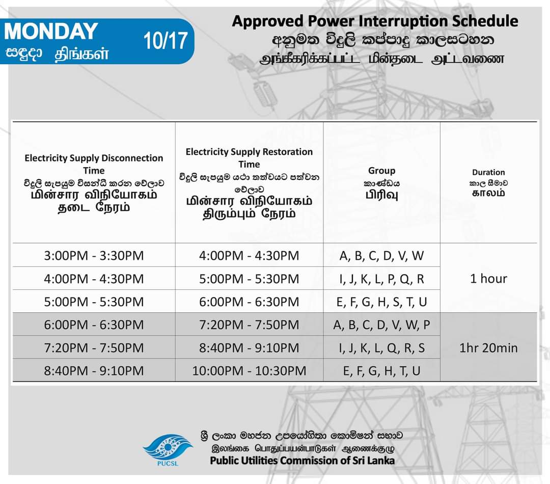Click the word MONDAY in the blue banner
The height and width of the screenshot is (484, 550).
pyautogui.click(x=51, y=31)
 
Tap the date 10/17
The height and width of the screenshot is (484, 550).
pyautogui.click(x=165, y=41)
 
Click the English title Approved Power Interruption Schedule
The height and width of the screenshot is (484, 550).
pyautogui.click(x=375, y=21)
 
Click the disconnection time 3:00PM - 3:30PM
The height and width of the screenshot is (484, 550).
pyautogui.click(x=94, y=256)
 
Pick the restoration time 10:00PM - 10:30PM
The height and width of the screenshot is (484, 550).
pyautogui.click(x=249, y=370)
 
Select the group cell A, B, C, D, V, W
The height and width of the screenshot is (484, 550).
pyautogui.click(x=381, y=256)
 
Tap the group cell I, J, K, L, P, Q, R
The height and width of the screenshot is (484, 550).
pyautogui.click(x=381, y=279)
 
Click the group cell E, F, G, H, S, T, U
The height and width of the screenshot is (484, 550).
pyautogui.click(x=381, y=302)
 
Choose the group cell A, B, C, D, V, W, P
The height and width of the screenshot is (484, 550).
pyautogui.click(x=381, y=325)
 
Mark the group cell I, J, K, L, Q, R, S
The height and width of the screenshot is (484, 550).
pyautogui.click(x=381, y=348)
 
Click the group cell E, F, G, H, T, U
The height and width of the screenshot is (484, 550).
pyautogui.click(x=381, y=371)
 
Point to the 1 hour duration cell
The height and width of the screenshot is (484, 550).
pyautogui.click(x=488, y=279)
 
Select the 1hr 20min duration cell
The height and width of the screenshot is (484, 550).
pyautogui.click(x=488, y=348)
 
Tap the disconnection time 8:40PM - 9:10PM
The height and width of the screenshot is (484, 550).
pyautogui.click(x=94, y=370)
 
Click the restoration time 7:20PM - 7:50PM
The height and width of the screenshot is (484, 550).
pyautogui.click(x=249, y=325)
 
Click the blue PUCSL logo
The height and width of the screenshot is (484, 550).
pyautogui.click(x=168, y=450)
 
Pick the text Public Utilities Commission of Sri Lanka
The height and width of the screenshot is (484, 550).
pyautogui.click(x=302, y=461)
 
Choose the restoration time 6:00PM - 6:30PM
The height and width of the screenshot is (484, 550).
pyautogui.click(x=249, y=302)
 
